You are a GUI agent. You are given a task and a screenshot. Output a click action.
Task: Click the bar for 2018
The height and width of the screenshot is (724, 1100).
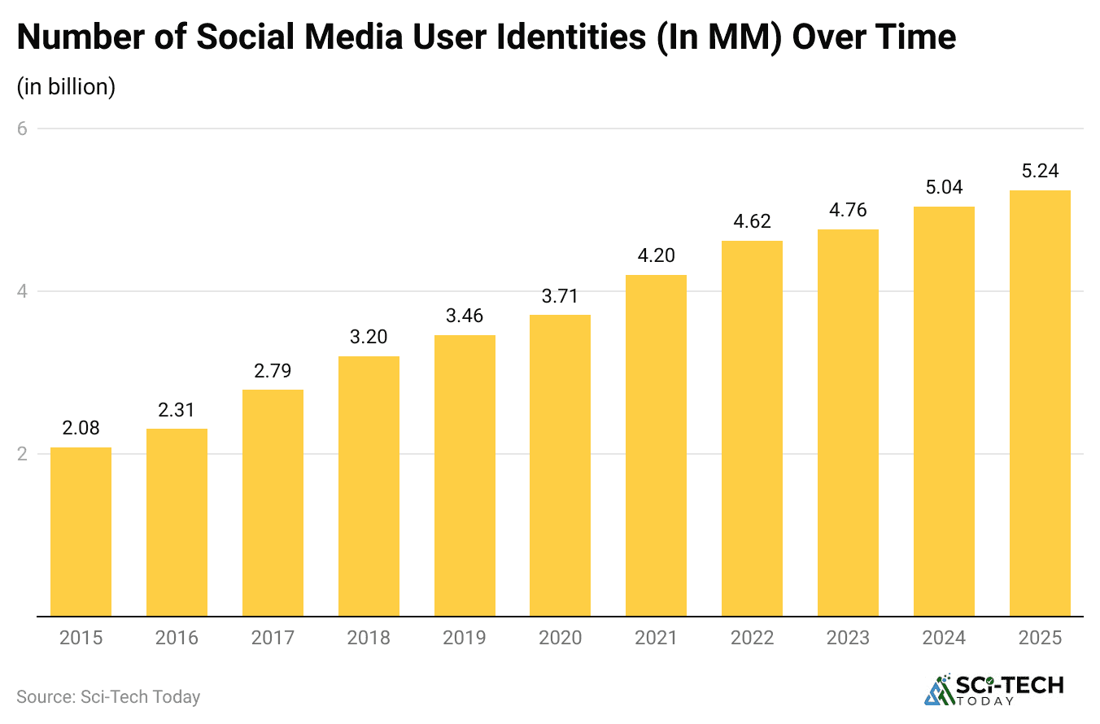(x=369, y=486)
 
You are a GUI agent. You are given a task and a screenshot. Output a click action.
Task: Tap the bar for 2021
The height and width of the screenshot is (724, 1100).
(x=656, y=445)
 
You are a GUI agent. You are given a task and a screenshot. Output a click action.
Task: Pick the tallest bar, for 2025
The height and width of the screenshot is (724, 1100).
(x=1040, y=403)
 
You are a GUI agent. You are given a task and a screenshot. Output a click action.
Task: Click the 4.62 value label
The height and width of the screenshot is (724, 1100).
(x=752, y=221)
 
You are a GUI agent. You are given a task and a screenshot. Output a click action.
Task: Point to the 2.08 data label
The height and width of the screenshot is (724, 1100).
(x=81, y=428)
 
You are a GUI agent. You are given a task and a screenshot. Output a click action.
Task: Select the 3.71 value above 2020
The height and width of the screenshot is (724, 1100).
(x=560, y=295)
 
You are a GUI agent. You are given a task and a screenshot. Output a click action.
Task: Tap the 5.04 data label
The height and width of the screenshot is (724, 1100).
(x=944, y=187)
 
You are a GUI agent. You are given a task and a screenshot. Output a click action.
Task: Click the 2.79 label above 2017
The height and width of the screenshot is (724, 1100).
(x=273, y=370)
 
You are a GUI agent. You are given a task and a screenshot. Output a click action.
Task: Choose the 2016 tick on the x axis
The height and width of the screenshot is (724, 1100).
(x=177, y=638)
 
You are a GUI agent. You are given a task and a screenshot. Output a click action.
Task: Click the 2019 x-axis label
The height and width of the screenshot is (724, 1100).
(x=465, y=638)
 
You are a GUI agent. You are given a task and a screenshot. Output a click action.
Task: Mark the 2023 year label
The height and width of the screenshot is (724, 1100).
(x=848, y=638)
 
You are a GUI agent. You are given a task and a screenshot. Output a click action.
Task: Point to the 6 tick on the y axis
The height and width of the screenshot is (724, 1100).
(x=22, y=129)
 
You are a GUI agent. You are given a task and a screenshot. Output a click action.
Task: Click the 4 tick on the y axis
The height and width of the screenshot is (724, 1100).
(x=22, y=291)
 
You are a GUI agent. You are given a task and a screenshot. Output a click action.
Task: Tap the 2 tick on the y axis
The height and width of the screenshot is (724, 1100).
(x=22, y=453)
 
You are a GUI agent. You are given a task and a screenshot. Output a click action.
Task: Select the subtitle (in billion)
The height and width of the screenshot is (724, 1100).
(x=66, y=86)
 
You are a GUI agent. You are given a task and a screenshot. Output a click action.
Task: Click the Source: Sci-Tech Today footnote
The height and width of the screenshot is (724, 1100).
(x=108, y=697)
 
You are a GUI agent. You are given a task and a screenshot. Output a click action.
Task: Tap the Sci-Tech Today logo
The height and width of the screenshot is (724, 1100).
(x=993, y=689)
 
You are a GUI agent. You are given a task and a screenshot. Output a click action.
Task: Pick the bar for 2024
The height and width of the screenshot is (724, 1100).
(x=944, y=411)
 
